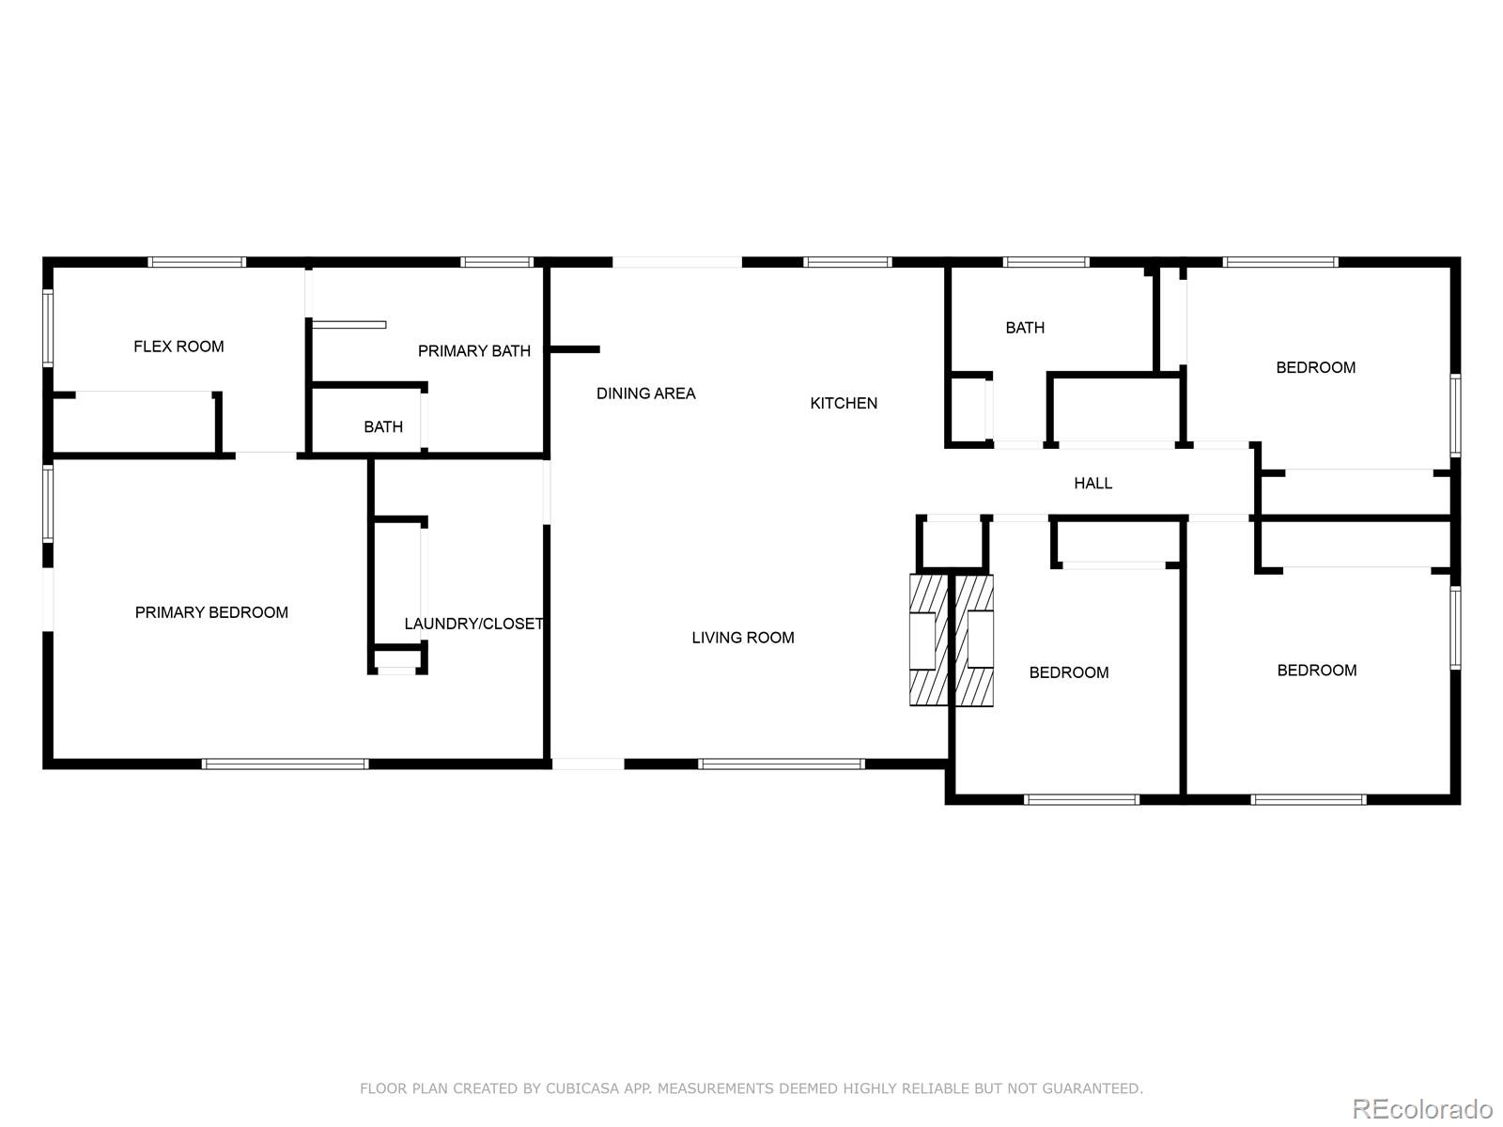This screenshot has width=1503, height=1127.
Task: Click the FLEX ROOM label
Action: click(178, 347)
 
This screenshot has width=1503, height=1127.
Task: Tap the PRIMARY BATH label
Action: click(473, 351)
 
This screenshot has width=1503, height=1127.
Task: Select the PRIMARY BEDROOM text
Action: click(211, 612)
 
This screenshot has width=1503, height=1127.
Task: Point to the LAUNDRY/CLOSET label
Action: click(473, 624)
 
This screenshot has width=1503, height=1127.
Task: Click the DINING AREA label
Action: click(645, 394)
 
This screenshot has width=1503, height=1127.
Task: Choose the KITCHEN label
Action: click(844, 403)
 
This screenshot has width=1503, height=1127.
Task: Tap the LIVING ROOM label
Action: click(742, 638)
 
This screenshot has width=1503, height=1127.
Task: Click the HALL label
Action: click(1092, 483)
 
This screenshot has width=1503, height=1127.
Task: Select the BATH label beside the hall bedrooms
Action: click(1024, 328)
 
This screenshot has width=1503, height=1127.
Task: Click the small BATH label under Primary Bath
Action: click(383, 427)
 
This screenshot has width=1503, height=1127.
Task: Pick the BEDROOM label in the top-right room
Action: click(1315, 367)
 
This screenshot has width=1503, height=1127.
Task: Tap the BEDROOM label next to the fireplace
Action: click(1068, 672)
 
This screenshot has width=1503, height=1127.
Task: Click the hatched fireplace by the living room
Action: click(951, 641)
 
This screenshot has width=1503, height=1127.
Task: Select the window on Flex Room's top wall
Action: click(197, 262)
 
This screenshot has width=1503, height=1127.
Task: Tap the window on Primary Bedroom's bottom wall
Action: click(286, 764)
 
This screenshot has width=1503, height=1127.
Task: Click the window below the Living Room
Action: click(781, 764)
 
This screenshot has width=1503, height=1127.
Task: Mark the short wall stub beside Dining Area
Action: click(574, 349)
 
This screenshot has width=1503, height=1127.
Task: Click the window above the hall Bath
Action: click(1046, 262)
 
